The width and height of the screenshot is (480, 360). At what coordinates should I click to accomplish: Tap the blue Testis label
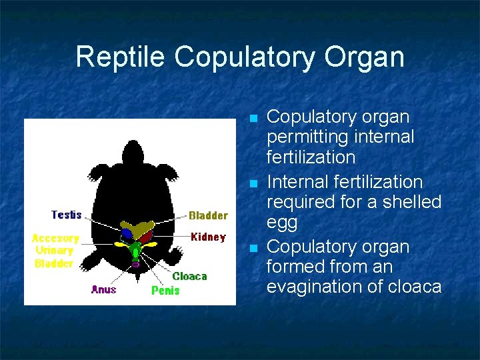pos(67,215)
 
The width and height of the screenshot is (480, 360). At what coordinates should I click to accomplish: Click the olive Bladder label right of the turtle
pos(208,215)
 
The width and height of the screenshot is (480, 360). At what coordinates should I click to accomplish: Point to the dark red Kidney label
pos(208,237)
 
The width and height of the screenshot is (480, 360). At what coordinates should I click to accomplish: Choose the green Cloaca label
pos(190,276)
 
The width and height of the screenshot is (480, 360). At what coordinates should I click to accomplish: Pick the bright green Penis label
pos(165,290)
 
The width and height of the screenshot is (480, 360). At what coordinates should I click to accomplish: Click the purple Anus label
pos(104,289)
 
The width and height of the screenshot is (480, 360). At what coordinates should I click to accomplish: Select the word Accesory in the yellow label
pos(55,238)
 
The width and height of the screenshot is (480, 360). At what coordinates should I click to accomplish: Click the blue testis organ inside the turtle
pos(126,234)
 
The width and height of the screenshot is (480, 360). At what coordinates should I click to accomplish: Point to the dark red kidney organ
pos(146,235)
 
